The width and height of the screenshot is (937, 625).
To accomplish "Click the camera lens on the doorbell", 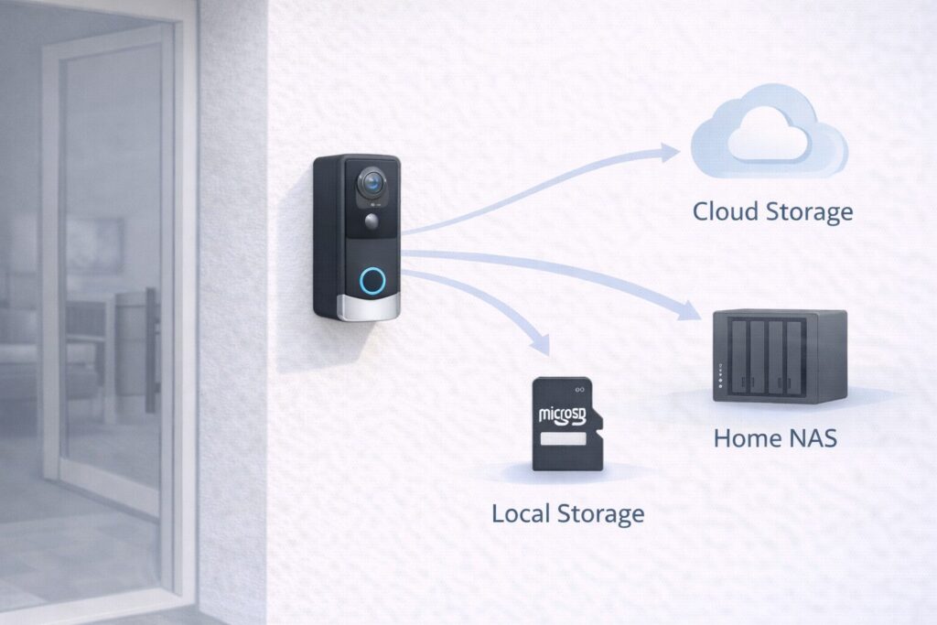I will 372,183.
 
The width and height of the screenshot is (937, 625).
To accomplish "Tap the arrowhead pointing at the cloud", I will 673,152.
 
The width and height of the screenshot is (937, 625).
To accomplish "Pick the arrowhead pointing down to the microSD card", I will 541,345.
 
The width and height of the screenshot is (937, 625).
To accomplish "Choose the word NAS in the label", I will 810,437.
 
